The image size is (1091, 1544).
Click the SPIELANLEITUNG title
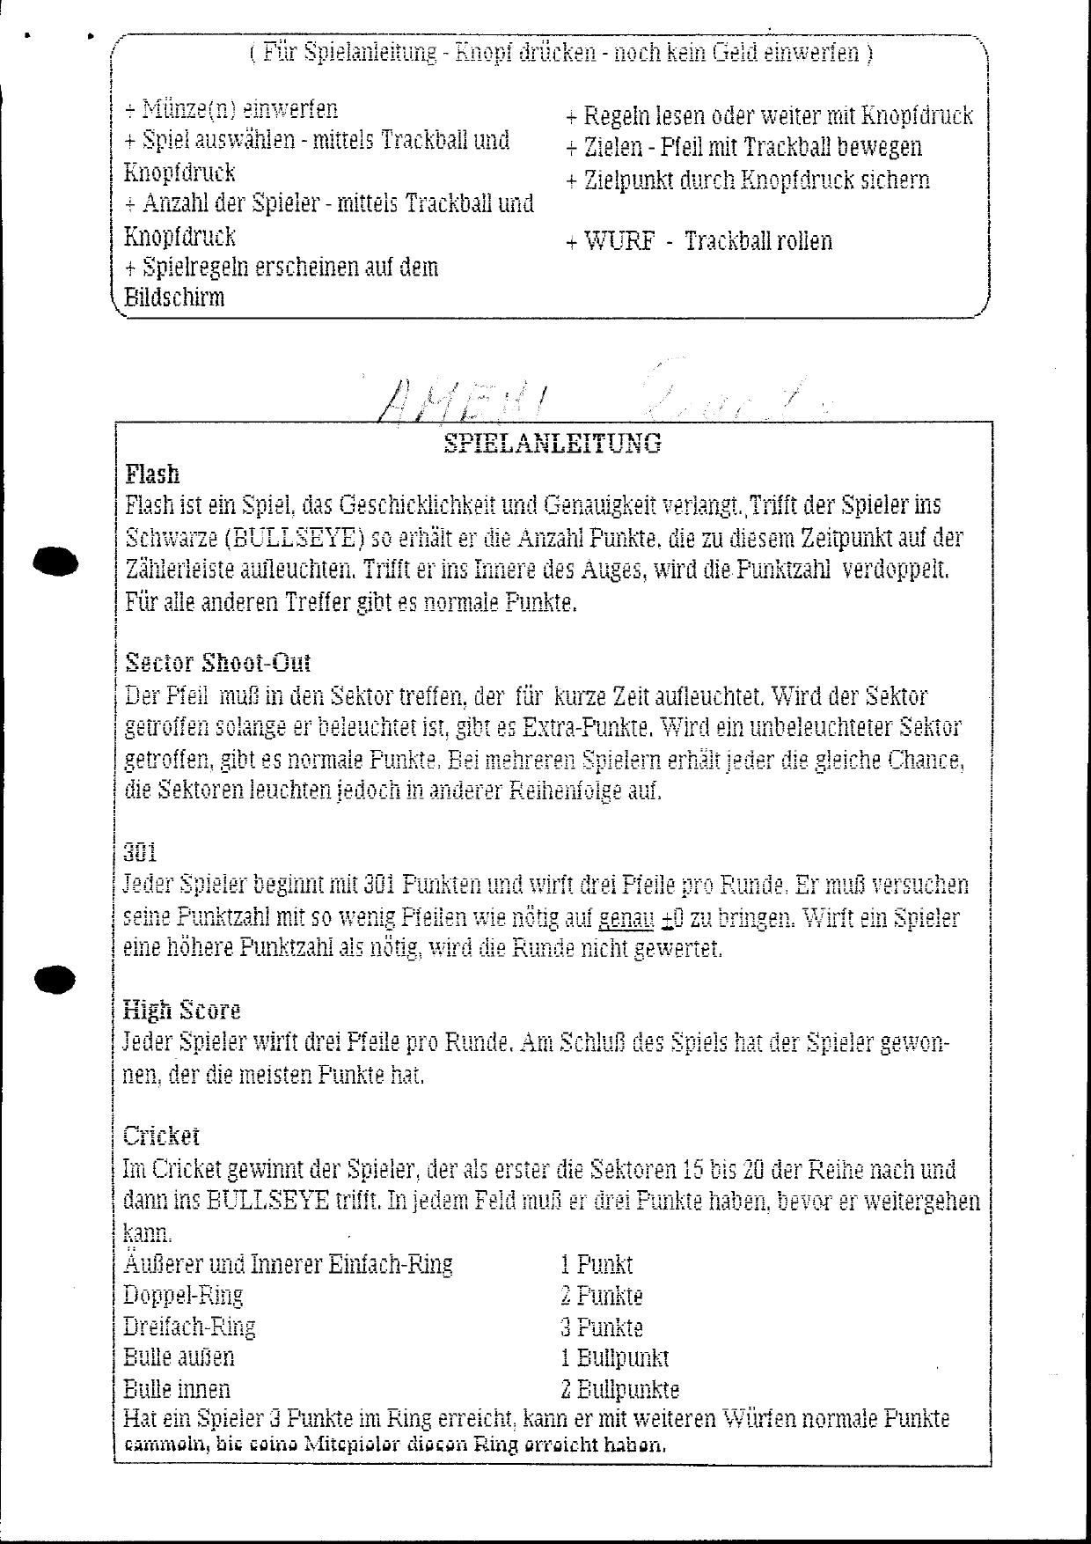tap(553, 443)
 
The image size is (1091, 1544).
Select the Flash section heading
tap(152, 474)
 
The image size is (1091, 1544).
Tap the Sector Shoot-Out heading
tap(217, 662)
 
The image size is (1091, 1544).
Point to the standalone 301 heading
tap(140, 851)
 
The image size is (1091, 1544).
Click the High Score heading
tap(181, 1010)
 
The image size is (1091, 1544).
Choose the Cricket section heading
tap(161, 1136)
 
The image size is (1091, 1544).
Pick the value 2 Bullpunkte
tap(620, 1389)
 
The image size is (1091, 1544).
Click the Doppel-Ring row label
tap(183, 1296)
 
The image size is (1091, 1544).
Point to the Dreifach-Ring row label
tap(190, 1327)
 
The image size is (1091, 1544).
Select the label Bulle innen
tap(177, 1389)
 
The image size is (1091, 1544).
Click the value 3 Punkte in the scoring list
tap(602, 1327)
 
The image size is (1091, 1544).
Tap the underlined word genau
tap(626, 918)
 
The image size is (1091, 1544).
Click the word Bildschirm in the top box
tap(174, 297)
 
